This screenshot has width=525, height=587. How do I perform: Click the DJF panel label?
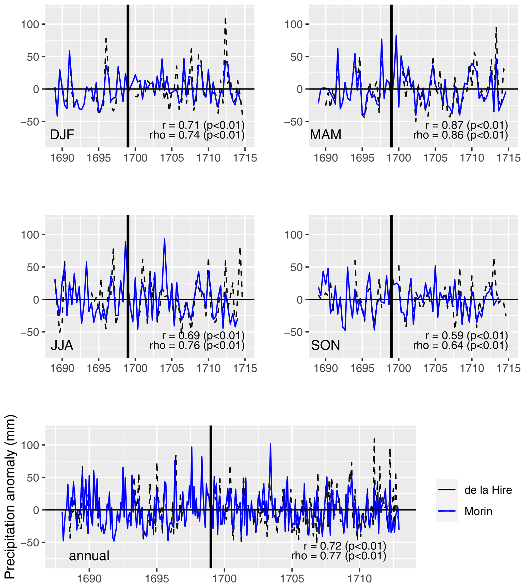(x=62, y=134)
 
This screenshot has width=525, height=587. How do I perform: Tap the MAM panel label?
(x=325, y=134)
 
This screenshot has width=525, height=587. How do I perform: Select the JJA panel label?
(x=62, y=345)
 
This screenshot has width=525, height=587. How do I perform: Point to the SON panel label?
(x=325, y=345)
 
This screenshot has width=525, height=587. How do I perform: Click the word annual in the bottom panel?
(x=89, y=556)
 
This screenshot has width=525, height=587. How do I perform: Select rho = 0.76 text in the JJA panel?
(x=197, y=345)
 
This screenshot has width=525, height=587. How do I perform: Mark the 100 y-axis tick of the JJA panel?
(x=30, y=235)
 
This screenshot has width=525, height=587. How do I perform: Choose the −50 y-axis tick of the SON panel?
(x=293, y=332)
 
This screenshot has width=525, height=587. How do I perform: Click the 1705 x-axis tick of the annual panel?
(x=292, y=578)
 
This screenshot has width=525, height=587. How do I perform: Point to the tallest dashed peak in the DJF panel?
(x=225, y=19)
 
